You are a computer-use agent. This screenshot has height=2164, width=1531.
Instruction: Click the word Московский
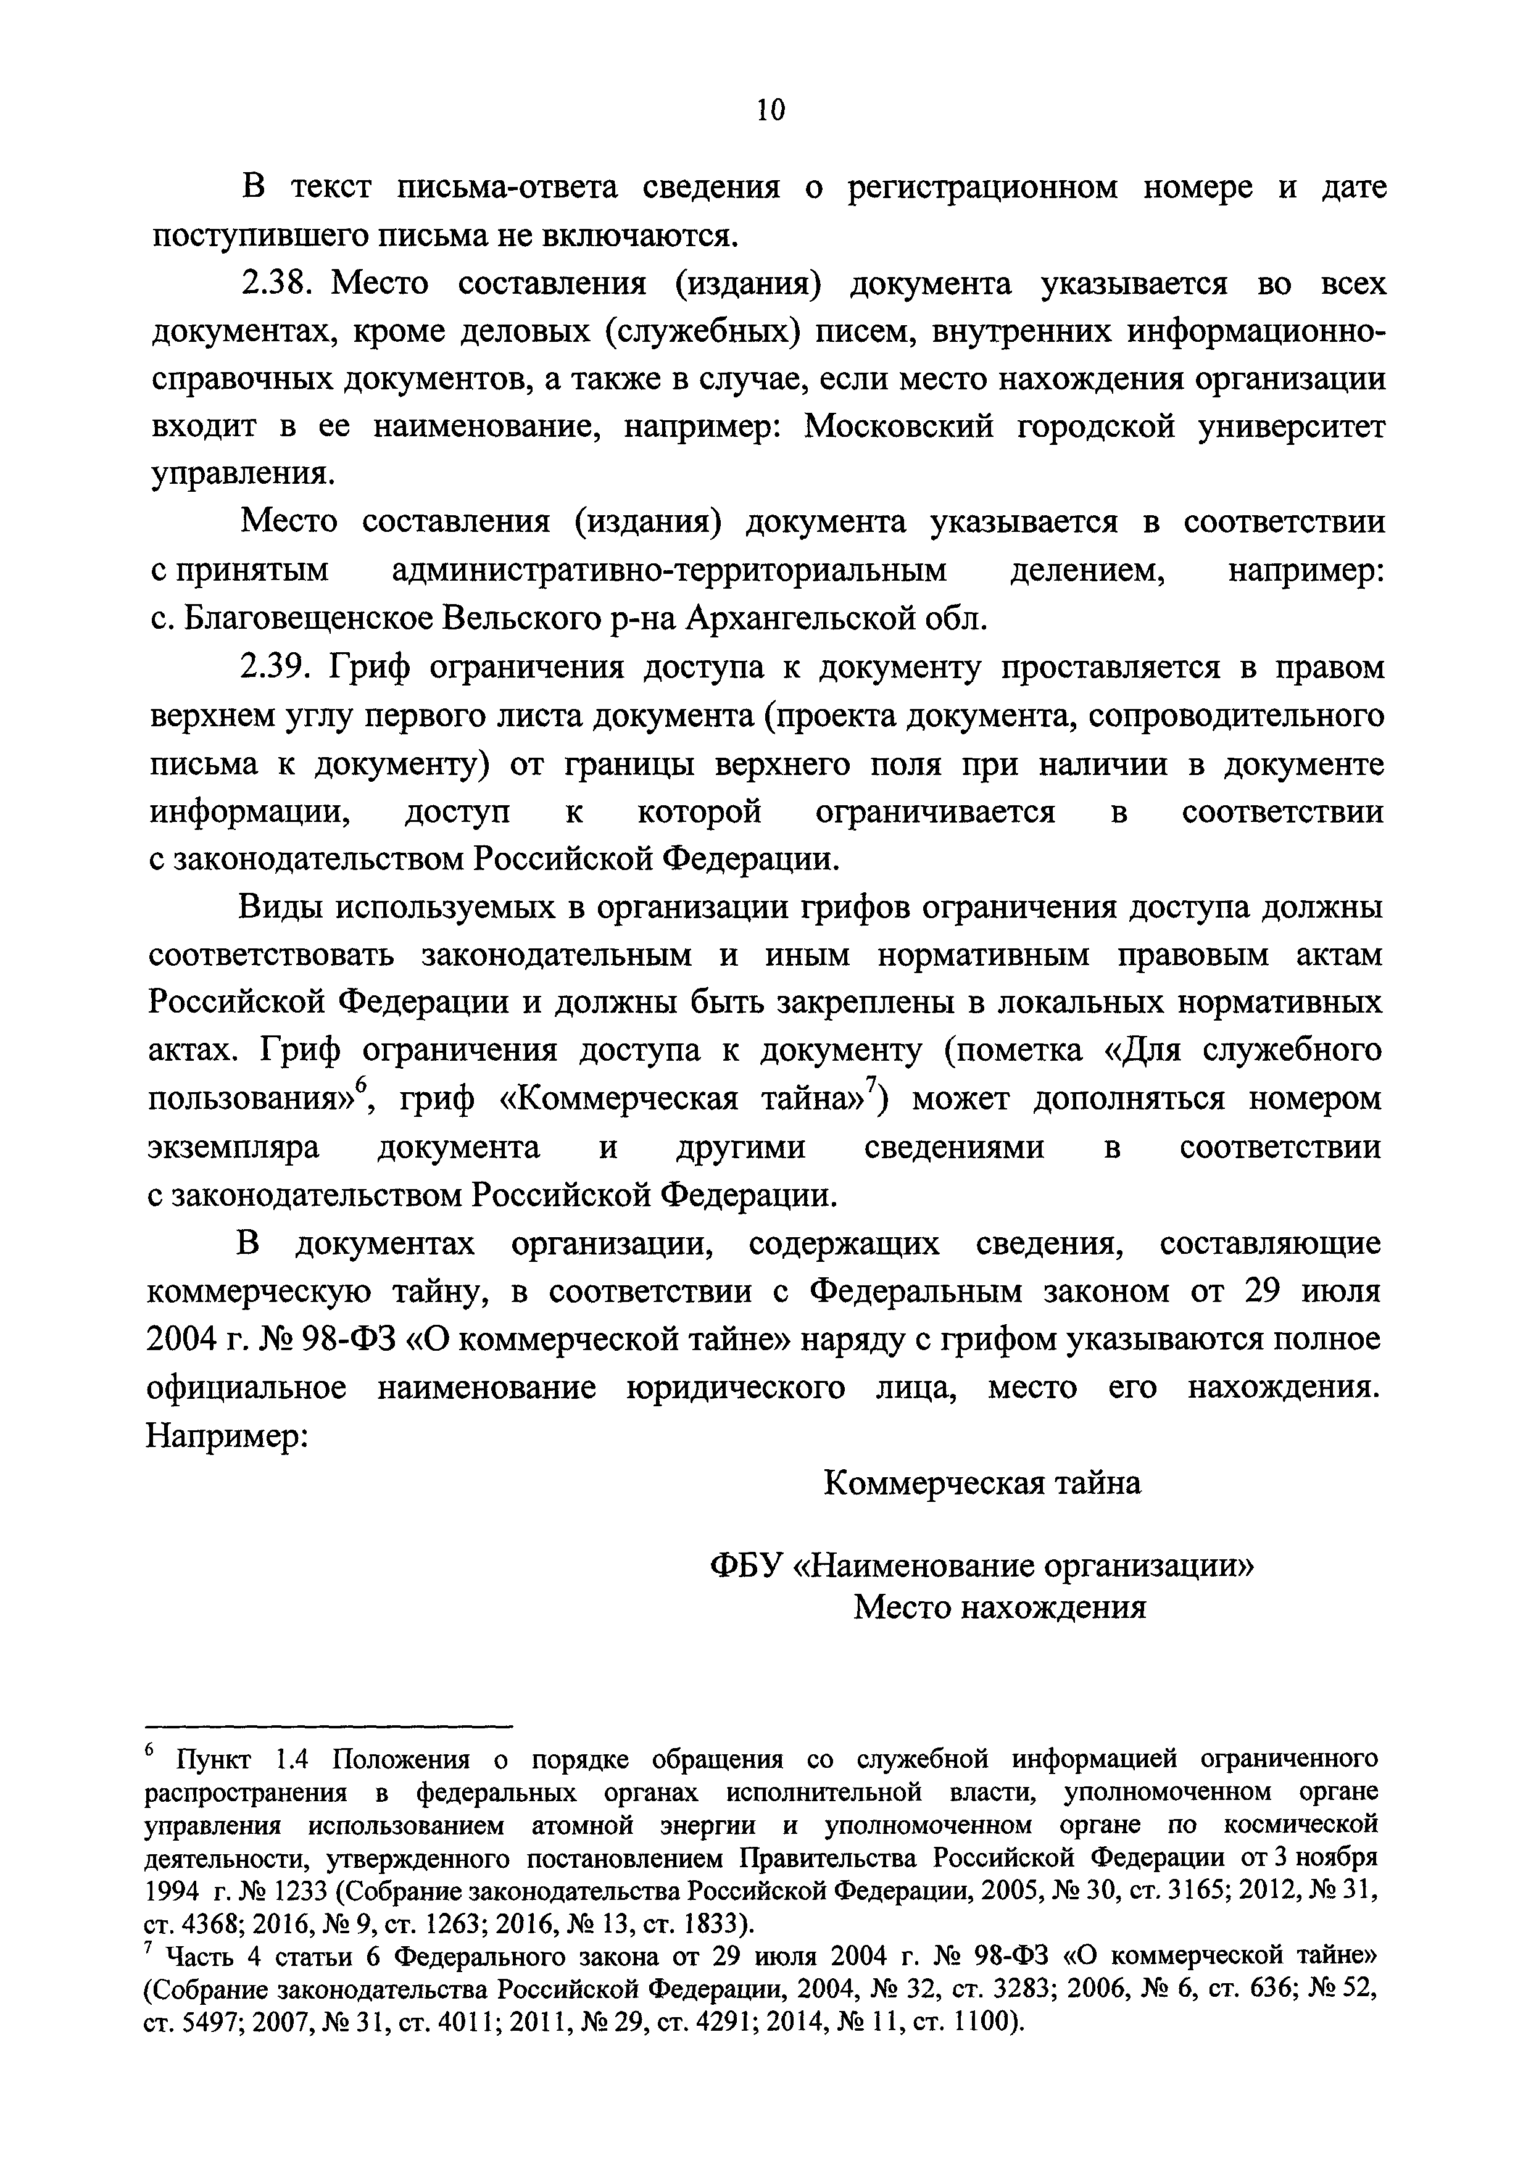[x=899, y=427]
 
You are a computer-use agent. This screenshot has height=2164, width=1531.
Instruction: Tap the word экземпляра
[x=234, y=1147]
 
